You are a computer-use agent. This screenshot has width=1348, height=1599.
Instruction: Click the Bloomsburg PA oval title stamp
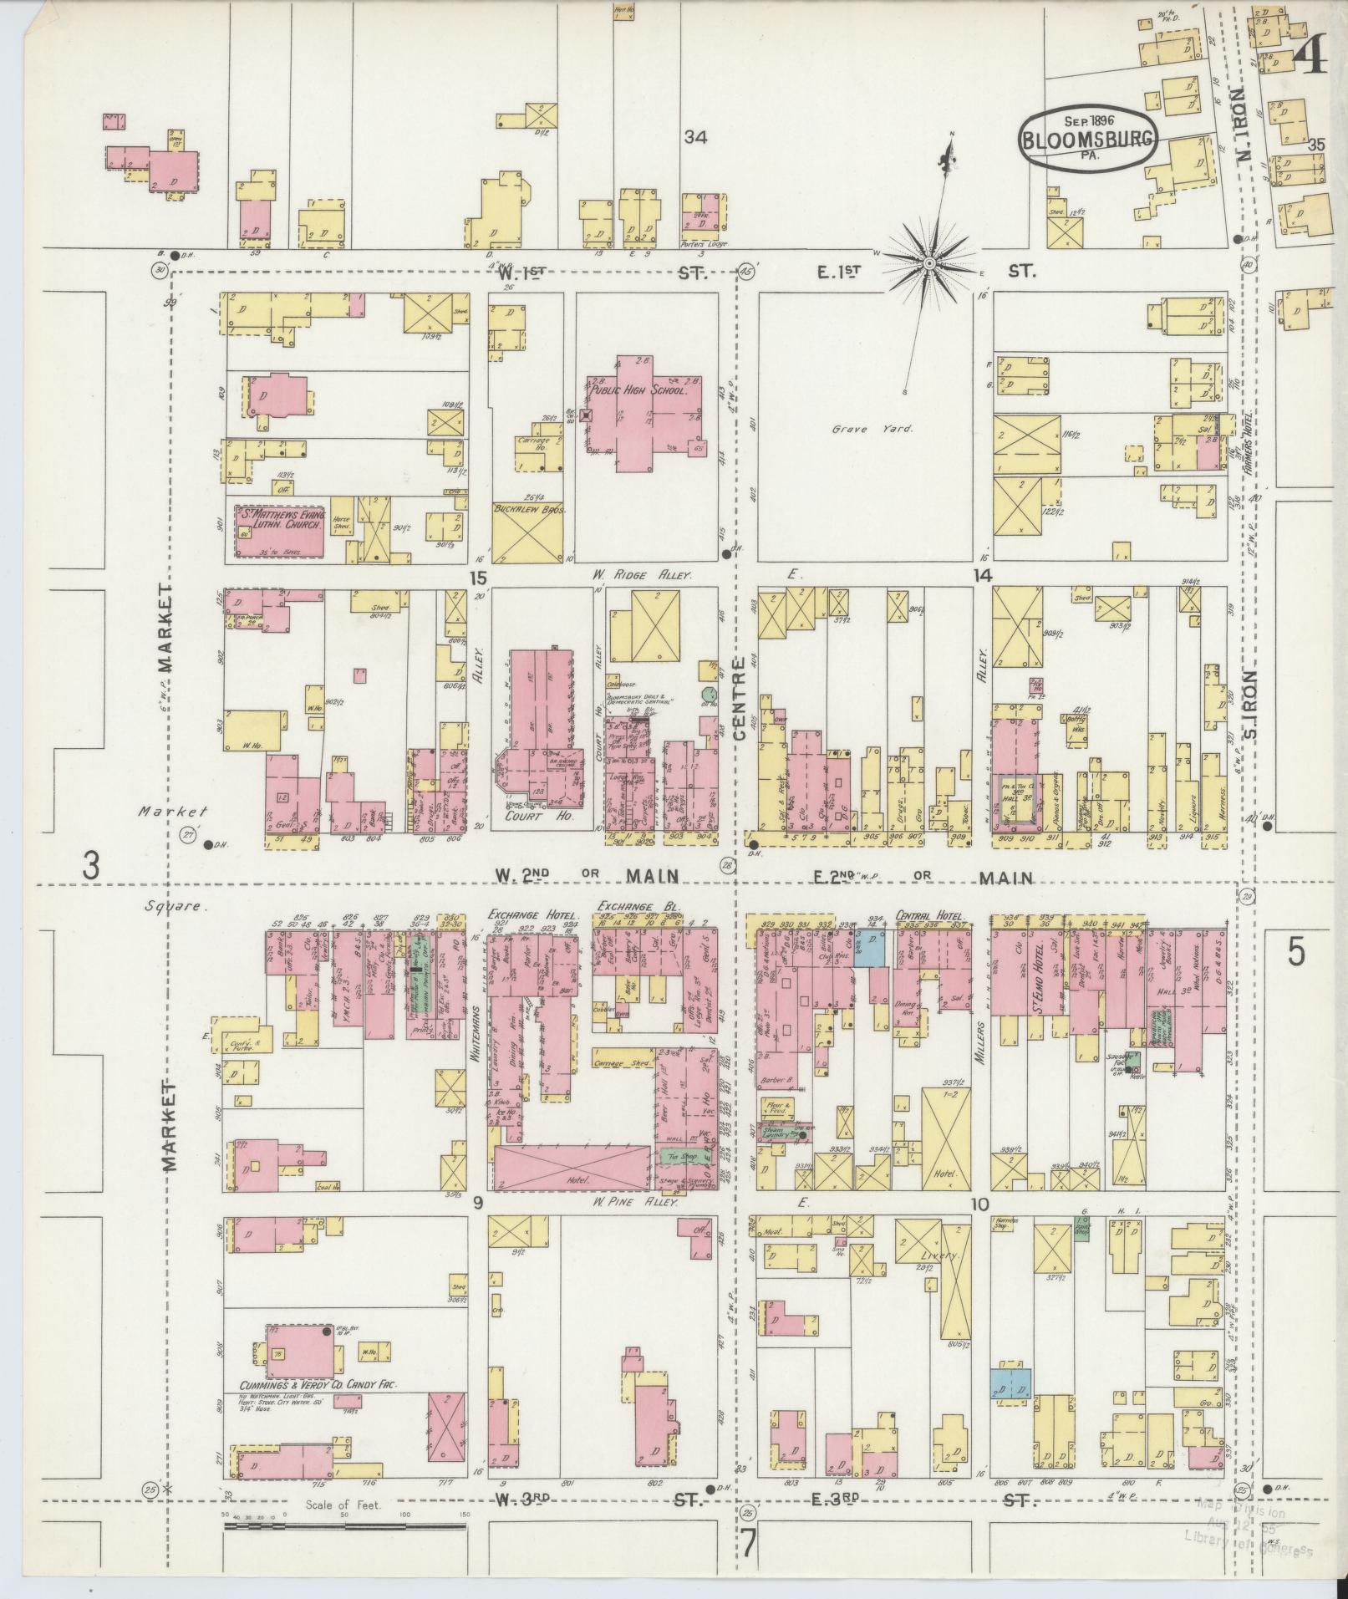coord(1087,140)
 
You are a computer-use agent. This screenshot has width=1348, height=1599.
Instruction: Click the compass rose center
coord(928,264)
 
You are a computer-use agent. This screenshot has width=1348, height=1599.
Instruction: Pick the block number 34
coord(695,138)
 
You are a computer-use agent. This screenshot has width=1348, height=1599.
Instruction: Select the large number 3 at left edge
coord(91,866)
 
